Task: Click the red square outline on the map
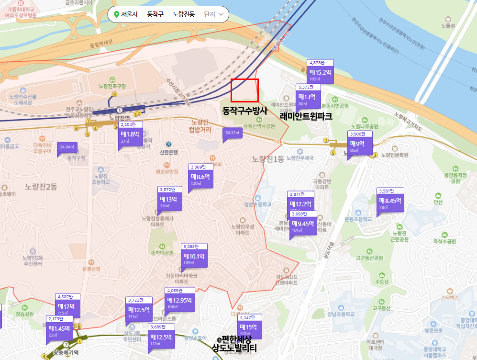pyautogui.click(x=244, y=90)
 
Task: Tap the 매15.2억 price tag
pyautogui.click(x=320, y=72)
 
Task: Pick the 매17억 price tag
pyautogui.click(x=67, y=306)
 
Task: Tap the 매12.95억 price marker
pyautogui.click(x=179, y=300)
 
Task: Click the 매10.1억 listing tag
pyautogui.click(x=194, y=256)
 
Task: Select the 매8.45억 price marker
pyautogui.click(x=389, y=201)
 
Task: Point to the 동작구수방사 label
pyautogui.click(x=244, y=110)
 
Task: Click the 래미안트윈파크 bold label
pyautogui.click(x=306, y=115)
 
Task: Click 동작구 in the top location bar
pyautogui.click(x=155, y=14)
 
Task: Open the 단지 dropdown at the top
pyautogui.click(x=214, y=14)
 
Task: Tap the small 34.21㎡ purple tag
pyautogui.click(x=232, y=133)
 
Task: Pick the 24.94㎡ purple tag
pyautogui.click(x=67, y=147)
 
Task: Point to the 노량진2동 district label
pyautogui.click(x=41, y=187)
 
